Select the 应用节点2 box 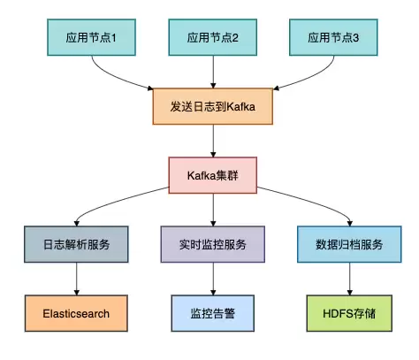[211, 39]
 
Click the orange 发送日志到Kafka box [211, 106]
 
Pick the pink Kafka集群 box [211, 175]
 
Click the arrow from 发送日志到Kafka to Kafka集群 [211, 141]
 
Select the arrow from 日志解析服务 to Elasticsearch [78, 278]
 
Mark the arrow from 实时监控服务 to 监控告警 [211, 278]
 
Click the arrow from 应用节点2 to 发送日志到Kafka [211, 73]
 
